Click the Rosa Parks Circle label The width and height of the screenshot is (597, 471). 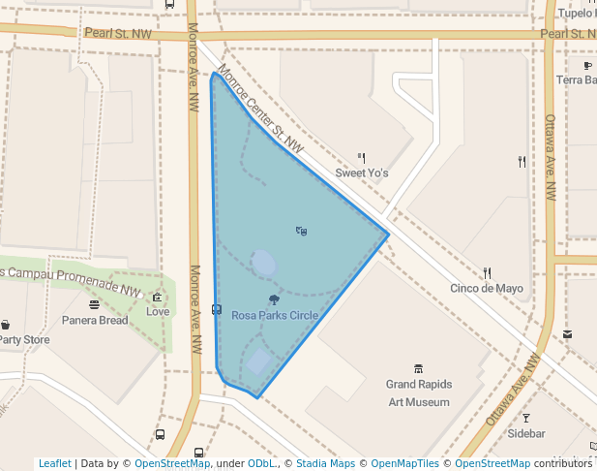[x=274, y=315]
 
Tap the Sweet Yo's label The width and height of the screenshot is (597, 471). [x=362, y=173]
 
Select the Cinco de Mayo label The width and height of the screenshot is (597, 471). [x=487, y=288]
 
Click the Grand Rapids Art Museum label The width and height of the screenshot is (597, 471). [x=419, y=392]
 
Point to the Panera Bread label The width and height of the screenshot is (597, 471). [x=95, y=320]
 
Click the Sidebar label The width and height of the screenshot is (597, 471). [x=526, y=433]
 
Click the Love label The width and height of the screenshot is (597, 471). [x=158, y=311]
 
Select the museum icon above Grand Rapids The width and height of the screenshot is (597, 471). [x=419, y=369]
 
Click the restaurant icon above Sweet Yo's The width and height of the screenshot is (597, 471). [x=362, y=157]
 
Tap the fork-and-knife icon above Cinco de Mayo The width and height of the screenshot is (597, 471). [x=487, y=272]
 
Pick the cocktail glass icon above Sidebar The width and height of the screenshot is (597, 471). [x=526, y=418]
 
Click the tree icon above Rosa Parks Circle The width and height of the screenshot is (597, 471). [x=273, y=299]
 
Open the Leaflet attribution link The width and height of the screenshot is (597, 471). [x=54, y=463]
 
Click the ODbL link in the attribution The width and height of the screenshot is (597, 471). [x=261, y=463]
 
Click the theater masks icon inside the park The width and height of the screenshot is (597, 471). [x=302, y=231]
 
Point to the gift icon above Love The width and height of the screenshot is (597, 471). [x=157, y=297]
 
